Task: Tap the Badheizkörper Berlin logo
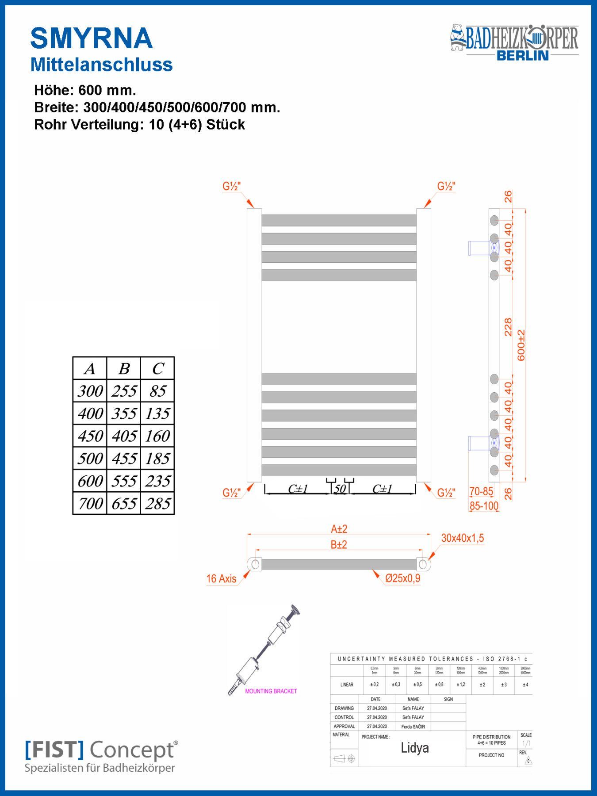[514, 42]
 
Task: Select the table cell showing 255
[123, 391]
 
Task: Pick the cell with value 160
[157, 436]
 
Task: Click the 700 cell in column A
[90, 503]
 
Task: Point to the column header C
[157, 368]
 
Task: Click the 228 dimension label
[508, 327]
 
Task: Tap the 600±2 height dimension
[521, 345]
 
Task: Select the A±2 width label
[339, 529]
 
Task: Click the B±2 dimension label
[339, 545]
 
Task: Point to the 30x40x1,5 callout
[462, 538]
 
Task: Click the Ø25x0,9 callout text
[402, 578]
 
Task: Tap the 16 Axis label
[221, 578]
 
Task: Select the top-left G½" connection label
[231, 187]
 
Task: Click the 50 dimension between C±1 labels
[340, 489]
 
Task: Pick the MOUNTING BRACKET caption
[271, 691]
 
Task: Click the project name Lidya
[414, 748]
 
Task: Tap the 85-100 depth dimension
[484, 505]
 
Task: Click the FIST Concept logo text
[101, 750]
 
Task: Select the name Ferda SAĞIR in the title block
[413, 727]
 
